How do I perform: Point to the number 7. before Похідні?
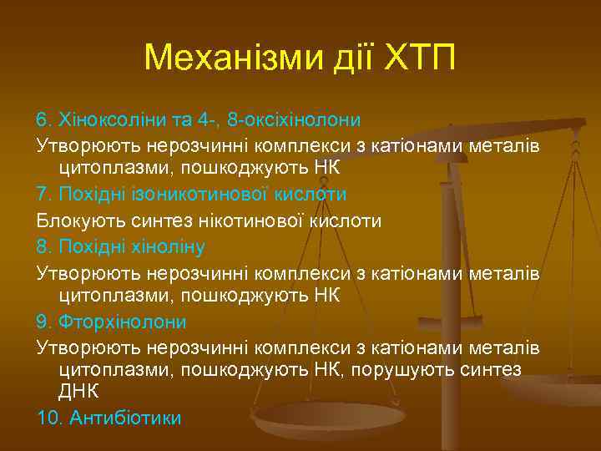pyautogui.click(x=44, y=195)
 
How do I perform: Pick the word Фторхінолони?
pyautogui.click(x=121, y=322)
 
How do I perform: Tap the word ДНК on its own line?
pyautogui.click(x=78, y=391)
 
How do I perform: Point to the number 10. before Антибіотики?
pyautogui.click(x=48, y=418)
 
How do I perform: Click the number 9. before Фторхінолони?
pyautogui.click(x=44, y=322)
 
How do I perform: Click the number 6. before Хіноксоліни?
pyautogui.click(x=44, y=119)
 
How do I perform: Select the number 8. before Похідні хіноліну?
pyautogui.click(x=44, y=247)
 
